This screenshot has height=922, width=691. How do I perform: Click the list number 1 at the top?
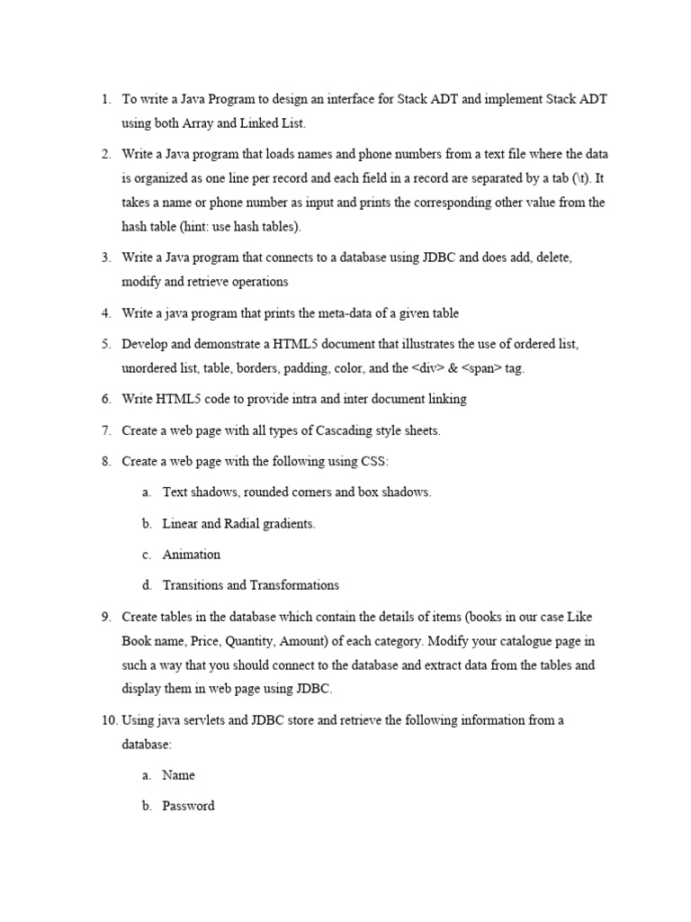(105, 99)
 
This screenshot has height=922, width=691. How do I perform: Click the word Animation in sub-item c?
(192, 555)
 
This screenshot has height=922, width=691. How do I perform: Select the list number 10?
(108, 720)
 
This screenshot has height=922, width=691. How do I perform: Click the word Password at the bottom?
(188, 806)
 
